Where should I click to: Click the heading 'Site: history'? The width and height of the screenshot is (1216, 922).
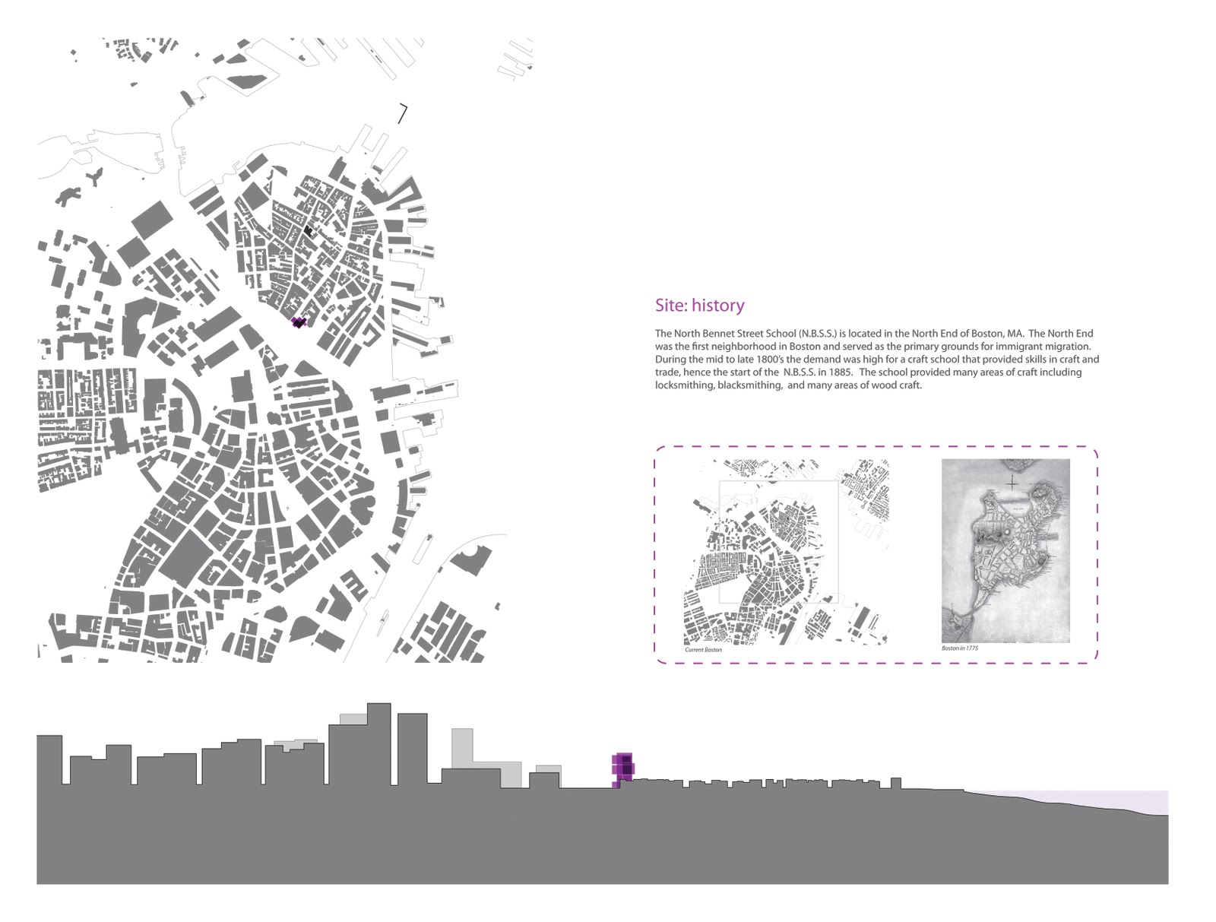point(699,306)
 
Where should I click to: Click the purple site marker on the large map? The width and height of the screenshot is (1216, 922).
point(299,322)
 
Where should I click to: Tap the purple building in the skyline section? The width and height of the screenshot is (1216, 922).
point(623,769)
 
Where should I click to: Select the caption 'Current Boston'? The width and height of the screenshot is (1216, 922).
point(703,650)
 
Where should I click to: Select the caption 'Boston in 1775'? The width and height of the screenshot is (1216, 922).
point(960,648)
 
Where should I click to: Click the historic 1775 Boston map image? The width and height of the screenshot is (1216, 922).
point(1005,550)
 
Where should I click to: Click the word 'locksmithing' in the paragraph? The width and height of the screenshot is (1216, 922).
point(680,385)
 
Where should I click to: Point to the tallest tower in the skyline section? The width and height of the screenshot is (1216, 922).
point(378,741)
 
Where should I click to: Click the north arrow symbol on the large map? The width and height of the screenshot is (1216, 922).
point(402,114)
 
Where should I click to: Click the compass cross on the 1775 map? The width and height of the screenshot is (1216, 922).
point(1012,483)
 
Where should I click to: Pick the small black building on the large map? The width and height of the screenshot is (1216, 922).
point(308,230)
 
